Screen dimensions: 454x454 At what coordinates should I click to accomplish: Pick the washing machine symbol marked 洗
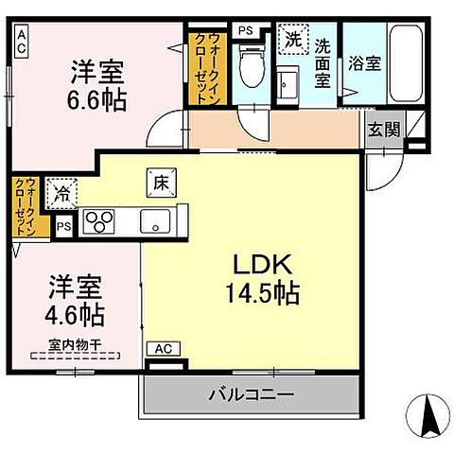(x=292, y=41)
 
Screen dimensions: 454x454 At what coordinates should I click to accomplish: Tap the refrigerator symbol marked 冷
(x=61, y=195)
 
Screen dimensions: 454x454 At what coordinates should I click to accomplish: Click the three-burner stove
(x=98, y=222)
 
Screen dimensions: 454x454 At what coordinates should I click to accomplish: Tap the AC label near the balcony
(x=162, y=348)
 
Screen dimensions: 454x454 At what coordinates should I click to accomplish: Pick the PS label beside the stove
(x=64, y=226)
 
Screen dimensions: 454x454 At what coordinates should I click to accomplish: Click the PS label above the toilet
(x=246, y=30)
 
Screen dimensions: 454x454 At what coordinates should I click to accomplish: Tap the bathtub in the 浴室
(x=407, y=62)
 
